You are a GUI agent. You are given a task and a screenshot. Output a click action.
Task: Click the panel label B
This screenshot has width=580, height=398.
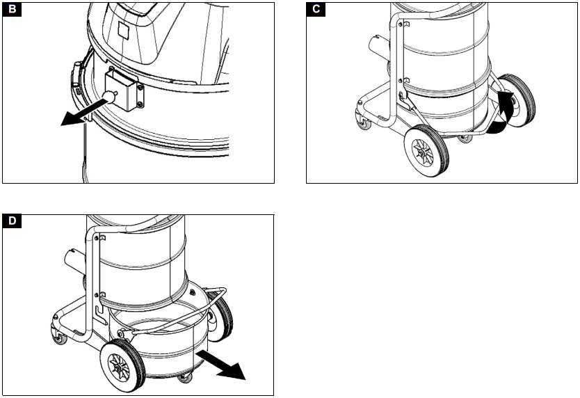pyautogui.click(x=12, y=10)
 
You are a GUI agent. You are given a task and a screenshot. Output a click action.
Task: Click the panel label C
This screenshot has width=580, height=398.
pyautogui.click(x=316, y=10)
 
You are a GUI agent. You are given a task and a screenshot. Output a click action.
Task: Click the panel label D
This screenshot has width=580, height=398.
pyautogui.click(x=12, y=223)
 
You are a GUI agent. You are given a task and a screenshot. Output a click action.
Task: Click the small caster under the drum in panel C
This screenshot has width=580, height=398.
pyautogui.click(x=465, y=138)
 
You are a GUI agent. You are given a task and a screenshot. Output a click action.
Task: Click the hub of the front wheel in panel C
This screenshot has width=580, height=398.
pyautogui.click(x=420, y=150)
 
